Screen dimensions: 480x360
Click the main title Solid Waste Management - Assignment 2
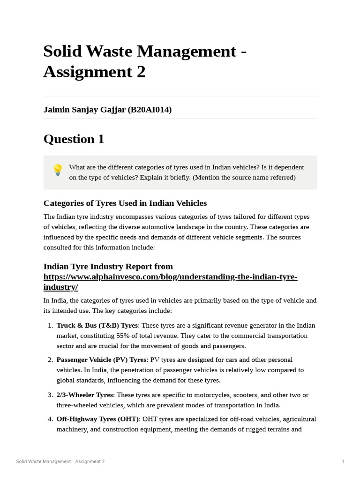tap(145, 61)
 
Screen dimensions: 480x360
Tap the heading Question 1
tap(74, 139)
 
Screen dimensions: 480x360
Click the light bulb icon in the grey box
tap(57, 170)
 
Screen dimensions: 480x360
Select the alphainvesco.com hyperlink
tap(170, 282)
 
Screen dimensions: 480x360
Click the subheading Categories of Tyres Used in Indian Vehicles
tap(125, 203)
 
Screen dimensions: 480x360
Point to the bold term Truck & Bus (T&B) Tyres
tap(97, 325)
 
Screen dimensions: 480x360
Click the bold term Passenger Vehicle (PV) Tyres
tap(102, 360)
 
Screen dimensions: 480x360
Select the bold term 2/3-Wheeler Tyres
tap(85, 395)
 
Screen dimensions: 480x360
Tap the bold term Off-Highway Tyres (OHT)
tap(98, 419)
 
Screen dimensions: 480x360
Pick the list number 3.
tap(50, 395)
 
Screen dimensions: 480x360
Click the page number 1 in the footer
tap(343, 462)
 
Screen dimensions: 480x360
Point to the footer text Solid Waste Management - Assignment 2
tap(60, 462)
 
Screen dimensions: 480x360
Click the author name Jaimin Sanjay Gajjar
tap(84, 110)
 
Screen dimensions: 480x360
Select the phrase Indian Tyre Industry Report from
tap(108, 267)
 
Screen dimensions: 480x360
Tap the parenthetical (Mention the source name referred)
tap(244, 178)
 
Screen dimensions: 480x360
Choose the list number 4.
tap(50, 419)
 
